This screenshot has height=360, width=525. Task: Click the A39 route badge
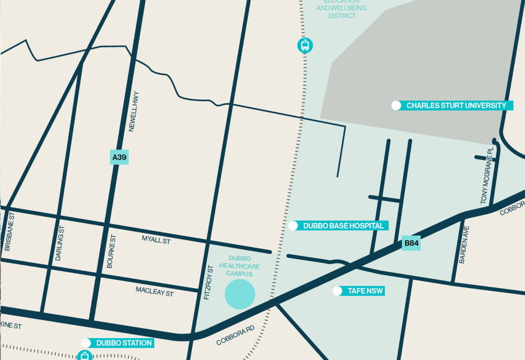pos(119,157)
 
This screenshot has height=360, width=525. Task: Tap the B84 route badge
pos(411,244)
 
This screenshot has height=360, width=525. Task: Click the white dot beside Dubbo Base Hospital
pos(293,226)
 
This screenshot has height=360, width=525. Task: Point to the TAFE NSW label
pos(365,291)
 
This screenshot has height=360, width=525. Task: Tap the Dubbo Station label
pos(124,343)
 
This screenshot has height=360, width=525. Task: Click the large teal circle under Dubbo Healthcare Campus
pos(239,294)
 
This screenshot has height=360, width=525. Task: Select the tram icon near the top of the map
pos(305,45)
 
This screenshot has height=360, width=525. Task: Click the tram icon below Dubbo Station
pos(84,355)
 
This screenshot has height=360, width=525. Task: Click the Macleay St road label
pos(155,291)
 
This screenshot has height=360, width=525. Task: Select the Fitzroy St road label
pos(207,282)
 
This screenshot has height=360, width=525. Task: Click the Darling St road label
pos(60,243)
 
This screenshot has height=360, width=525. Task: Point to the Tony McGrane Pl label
pos(487,175)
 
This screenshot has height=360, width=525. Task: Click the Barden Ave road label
pos(463,244)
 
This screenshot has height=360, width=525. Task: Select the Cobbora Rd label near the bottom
pos(236,335)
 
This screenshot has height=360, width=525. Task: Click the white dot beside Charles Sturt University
pos(396,105)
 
